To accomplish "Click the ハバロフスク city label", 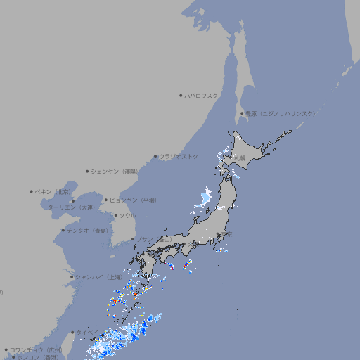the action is tap(201, 96).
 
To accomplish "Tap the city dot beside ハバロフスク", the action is tap(181, 96).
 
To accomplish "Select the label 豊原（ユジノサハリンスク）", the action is tap(280, 113).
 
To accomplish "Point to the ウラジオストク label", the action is tap(179, 156).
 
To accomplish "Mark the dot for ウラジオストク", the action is tap(155, 157).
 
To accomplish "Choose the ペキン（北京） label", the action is tap(54, 191).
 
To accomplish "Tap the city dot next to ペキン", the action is tap(32, 191).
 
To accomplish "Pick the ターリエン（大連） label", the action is tap(70, 207).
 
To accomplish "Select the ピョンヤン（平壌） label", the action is tap(134, 200).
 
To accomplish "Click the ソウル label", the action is tap(127, 215).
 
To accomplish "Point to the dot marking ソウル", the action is tap(115, 216).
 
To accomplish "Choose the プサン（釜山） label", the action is tap(154, 239).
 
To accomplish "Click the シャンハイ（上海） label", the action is tap(98, 277).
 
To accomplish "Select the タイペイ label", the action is tap(88, 332).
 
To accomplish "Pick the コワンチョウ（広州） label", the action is tap(35, 349).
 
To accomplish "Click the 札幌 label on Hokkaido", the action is tap(240, 158).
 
